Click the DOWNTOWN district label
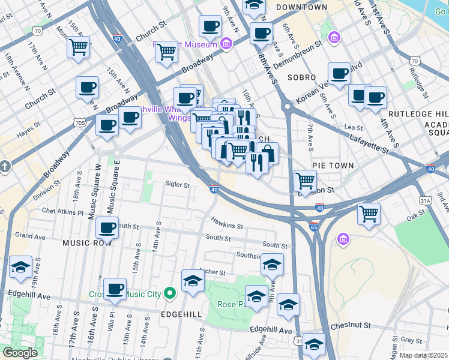click(x=302, y=7)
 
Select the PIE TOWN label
click(x=333, y=164)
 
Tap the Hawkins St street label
click(x=226, y=226)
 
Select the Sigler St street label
click(x=177, y=185)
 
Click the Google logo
click(x=20, y=353)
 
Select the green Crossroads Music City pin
click(x=170, y=293)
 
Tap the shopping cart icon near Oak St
click(x=369, y=213)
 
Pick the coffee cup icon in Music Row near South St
click(x=107, y=228)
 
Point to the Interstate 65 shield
click(x=314, y=228)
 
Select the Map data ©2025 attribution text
click(x=423, y=355)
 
